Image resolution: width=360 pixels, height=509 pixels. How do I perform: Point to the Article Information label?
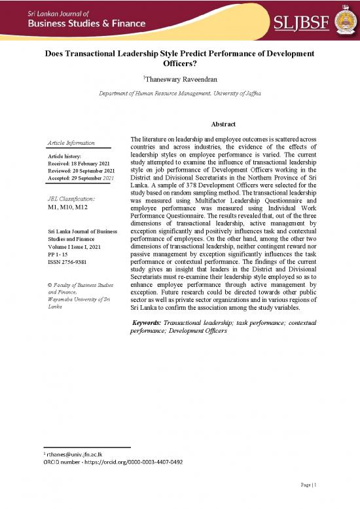[x=71, y=143]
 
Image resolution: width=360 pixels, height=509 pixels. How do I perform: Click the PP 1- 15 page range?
[x=58, y=255]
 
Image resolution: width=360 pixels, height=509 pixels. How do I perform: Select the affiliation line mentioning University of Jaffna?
[x=179, y=94]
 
